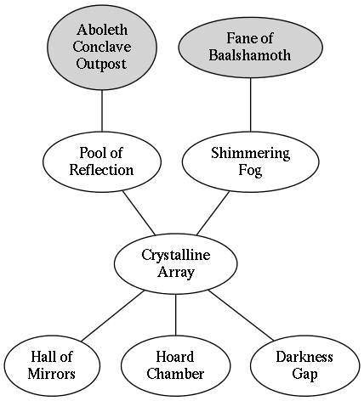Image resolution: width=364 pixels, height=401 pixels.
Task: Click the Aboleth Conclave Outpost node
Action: coord(102,48)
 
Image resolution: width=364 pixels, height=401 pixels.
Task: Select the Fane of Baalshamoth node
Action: coord(250,48)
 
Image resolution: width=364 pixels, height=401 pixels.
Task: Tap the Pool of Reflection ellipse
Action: coord(102,161)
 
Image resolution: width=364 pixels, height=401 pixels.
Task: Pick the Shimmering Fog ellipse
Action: coord(250,161)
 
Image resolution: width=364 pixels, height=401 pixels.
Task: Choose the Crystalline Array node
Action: coord(176,263)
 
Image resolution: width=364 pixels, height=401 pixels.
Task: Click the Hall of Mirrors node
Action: coord(52,365)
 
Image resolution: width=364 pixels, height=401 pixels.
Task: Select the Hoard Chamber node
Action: coord(175,365)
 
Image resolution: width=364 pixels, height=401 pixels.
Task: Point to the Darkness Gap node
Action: coord(304,365)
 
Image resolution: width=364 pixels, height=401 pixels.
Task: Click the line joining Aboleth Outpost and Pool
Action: coord(102,110)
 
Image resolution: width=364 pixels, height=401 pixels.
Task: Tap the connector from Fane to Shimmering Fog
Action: coord(250,104)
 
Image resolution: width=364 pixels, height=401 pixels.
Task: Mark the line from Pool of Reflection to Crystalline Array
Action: coord(139,213)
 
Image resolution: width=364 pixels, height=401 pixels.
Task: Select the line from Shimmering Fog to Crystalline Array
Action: coord(213,213)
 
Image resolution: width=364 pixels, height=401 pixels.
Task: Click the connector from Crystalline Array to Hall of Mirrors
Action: coord(113,315)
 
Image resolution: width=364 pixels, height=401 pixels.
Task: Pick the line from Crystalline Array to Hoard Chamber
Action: coord(175,314)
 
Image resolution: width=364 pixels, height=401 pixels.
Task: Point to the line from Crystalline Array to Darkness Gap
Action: coord(242,315)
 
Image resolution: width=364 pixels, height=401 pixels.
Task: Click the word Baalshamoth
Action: coord(250,55)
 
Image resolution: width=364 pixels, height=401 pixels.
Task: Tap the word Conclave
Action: coord(102,47)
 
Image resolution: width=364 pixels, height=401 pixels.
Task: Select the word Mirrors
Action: coord(52,374)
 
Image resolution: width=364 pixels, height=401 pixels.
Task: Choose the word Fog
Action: coord(250,171)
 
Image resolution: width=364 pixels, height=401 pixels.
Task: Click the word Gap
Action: coord(304,375)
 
